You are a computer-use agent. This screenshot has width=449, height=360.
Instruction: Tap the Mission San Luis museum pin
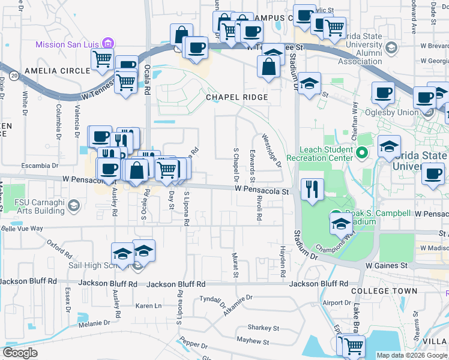tap(107, 44)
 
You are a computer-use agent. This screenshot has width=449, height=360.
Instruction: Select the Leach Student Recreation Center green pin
tap(361, 153)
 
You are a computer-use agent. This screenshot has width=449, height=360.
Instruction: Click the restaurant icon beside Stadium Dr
tap(312, 189)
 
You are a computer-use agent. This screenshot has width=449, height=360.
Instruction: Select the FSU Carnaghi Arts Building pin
tap(73, 206)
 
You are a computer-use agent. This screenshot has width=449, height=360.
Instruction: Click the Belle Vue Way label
tap(22, 229)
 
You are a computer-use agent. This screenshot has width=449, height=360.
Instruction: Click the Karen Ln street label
tap(149, 306)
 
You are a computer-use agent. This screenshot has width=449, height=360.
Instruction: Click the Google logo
tap(20, 353)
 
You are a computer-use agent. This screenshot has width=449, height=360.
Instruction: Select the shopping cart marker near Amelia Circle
tap(103, 59)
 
